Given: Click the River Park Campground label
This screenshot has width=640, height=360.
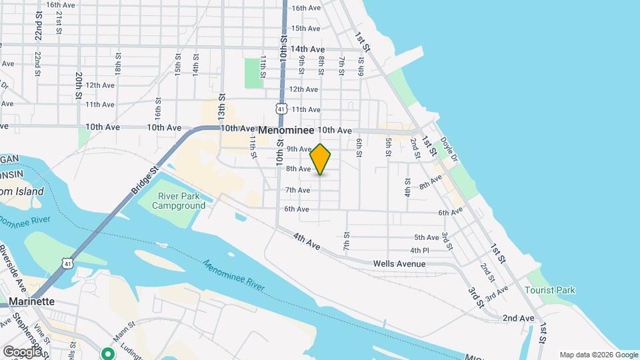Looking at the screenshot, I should click(179, 201).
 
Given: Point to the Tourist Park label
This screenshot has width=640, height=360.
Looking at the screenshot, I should click(549, 290).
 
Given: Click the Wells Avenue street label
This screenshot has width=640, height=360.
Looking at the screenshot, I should click(399, 264).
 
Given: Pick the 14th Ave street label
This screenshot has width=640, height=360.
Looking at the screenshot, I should click(308, 49).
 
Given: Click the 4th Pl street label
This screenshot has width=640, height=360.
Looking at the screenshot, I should click(419, 251).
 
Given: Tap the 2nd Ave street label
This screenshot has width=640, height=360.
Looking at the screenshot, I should click(519, 319).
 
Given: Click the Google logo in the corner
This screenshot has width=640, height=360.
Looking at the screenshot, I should click(22, 351).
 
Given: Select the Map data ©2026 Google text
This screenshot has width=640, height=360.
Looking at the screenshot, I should click(598, 355).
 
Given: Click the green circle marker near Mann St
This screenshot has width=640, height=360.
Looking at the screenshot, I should click(107, 353).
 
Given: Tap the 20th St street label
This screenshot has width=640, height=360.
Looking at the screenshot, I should click(79, 85).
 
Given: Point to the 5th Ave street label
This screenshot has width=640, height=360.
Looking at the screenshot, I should click(427, 237).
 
